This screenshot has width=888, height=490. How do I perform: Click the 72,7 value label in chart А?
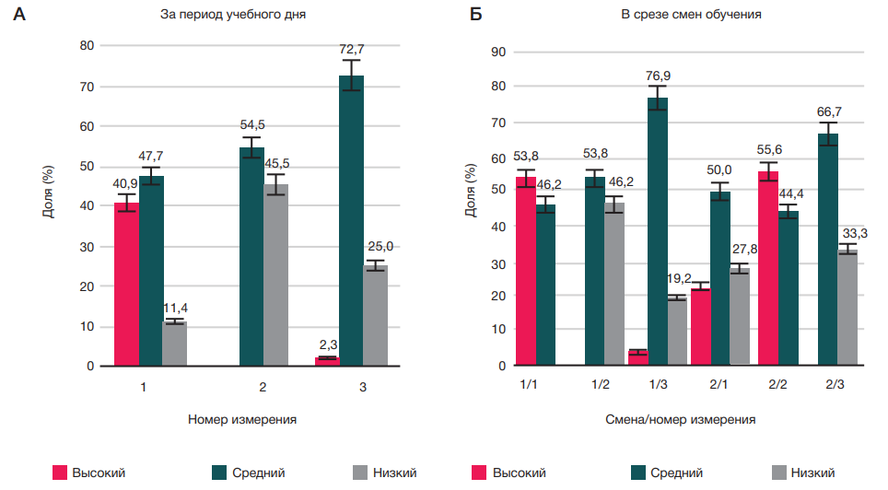(350, 47)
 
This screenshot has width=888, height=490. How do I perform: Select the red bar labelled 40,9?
(126, 286)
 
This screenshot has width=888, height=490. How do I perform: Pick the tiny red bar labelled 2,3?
(327, 361)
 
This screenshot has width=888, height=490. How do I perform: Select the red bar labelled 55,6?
(769, 269)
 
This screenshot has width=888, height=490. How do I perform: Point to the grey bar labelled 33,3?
(847, 308)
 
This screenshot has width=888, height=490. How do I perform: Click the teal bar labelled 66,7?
(828, 250)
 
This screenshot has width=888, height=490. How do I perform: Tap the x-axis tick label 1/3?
(656, 384)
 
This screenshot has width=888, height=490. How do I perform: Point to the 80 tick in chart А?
(87, 46)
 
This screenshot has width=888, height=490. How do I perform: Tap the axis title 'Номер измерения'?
(242, 419)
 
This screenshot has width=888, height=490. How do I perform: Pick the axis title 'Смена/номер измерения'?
(681, 419)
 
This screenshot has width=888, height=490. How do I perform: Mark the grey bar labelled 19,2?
(677, 332)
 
